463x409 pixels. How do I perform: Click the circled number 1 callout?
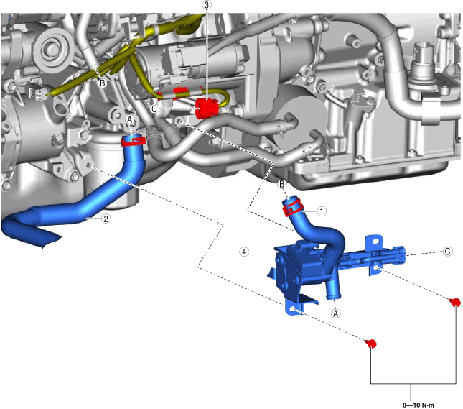pos(322,211)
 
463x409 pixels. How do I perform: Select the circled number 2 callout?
pos(106,219)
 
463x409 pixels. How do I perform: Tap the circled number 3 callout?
pos(207,5)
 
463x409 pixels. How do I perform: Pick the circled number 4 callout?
pos(244,252)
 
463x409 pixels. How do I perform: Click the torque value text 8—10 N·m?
pos(418,405)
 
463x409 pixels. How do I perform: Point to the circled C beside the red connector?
pos(154,109)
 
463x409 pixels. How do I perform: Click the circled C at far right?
pos(448,252)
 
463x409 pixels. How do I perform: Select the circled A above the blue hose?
pos(129,120)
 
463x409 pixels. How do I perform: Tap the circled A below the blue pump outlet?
pos(335,313)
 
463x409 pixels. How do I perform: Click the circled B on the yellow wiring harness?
pos(103,83)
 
